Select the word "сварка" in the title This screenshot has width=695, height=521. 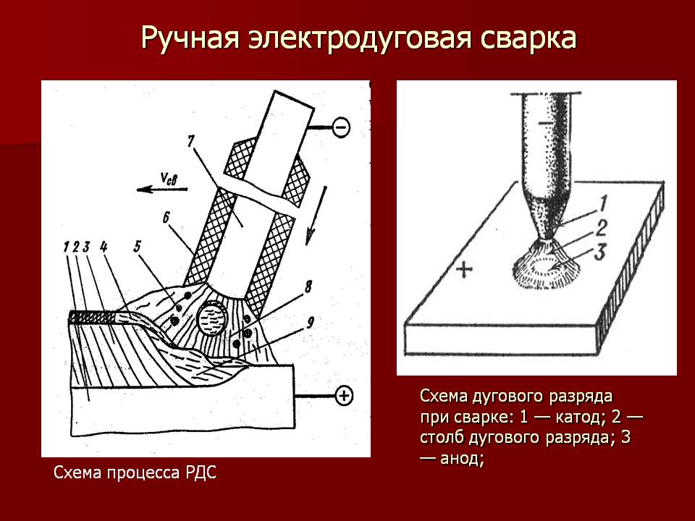[528, 38]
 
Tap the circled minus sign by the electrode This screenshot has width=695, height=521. [342, 128]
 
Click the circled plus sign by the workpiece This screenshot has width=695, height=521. [344, 395]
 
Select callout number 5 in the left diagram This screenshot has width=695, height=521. [138, 245]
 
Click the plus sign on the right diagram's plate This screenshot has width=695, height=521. [464, 271]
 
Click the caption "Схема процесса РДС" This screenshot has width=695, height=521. [135, 474]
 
